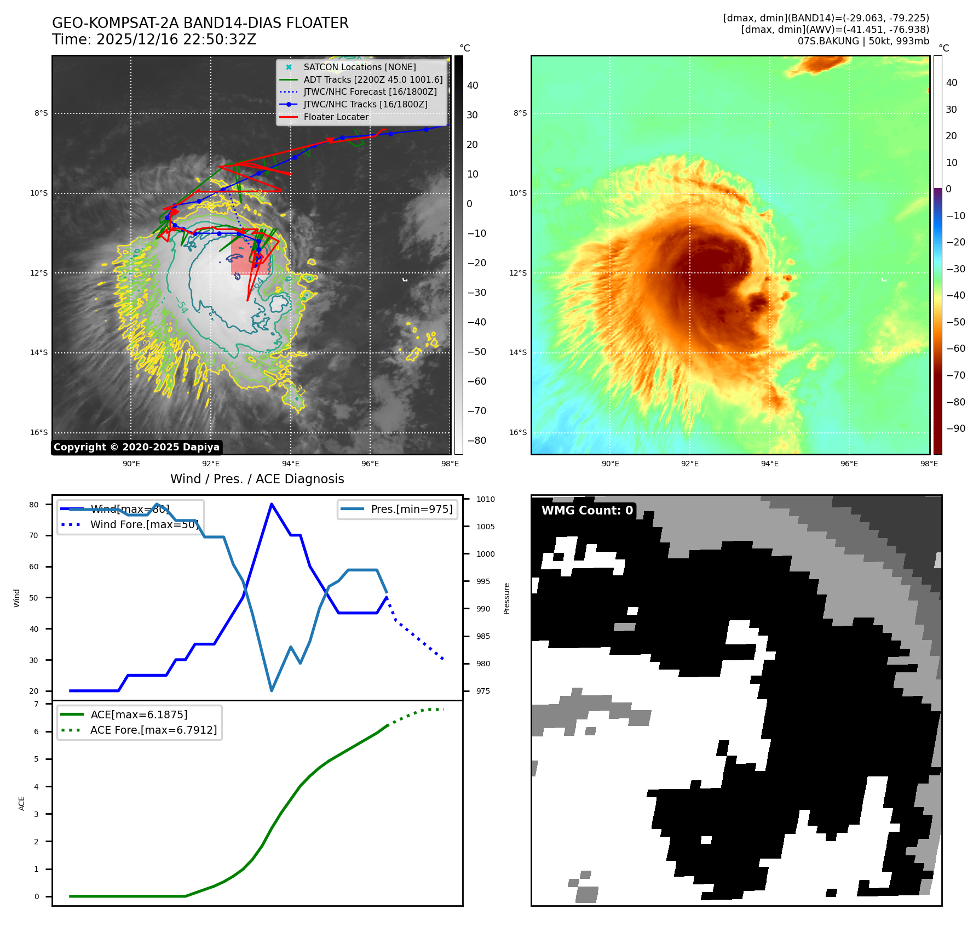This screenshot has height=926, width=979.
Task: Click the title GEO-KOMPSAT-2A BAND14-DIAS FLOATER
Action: [x=200, y=23]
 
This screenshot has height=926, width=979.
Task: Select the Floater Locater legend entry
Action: [x=336, y=117]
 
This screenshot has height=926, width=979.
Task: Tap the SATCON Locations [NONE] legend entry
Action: [x=359, y=67]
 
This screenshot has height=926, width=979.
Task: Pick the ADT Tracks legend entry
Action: [x=372, y=79]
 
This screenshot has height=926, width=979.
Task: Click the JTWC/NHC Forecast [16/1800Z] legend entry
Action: [x=370, y=92]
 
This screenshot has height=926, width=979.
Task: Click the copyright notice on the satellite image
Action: [x=136, y=447]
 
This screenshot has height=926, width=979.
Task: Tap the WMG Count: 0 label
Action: [x=587, y=510]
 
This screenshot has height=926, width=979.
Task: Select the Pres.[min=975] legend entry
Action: [x=411, y=509]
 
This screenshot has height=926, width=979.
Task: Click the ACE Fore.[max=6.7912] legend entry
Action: [x=153, y=730]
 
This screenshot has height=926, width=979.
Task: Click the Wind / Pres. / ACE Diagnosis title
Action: [x=257, y=479]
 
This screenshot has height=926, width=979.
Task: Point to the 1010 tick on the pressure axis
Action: [x=485, y=499]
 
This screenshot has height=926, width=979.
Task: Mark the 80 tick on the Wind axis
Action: [x=34, y=505]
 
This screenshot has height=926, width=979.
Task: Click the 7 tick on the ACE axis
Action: [x=36, y=704]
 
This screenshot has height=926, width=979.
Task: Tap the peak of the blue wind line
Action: [x=272, y=504]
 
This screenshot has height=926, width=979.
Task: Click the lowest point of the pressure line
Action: [x=272, y=690]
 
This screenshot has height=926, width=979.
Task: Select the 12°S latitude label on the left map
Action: [x=39, y=273]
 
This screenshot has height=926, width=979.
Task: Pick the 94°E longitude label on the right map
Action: [x=769, y=464]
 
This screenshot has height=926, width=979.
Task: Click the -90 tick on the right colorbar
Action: [x=956, y=428]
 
